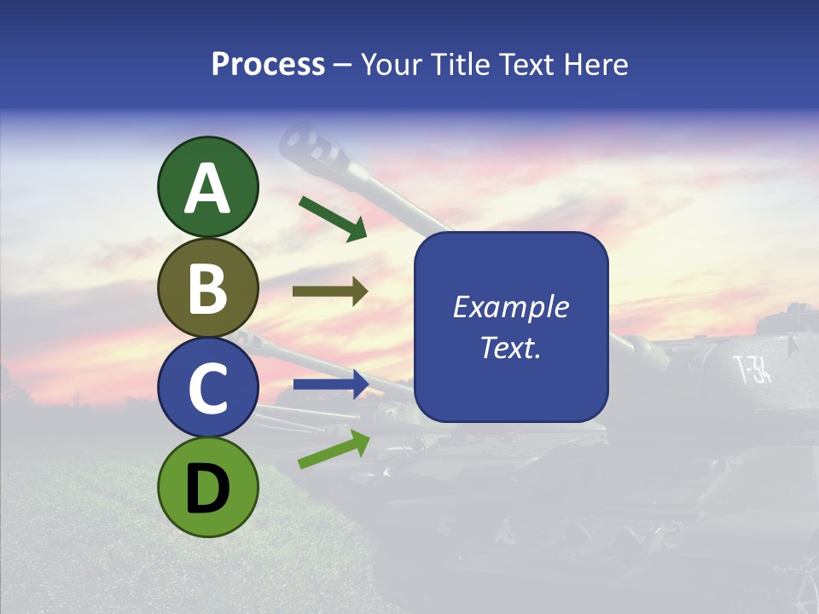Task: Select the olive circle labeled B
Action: pos(208,288)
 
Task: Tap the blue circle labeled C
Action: pos(208,388)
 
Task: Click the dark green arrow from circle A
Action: pos(333,218)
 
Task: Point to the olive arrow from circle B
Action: pos(330,292)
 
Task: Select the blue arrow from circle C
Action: pos(330,384)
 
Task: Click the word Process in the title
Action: pos(268,65)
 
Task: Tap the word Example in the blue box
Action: pos(510,307)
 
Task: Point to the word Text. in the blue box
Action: pos(510,348)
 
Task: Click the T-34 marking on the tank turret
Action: pos(752,370)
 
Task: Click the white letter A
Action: pos(208,188)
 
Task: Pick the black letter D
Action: pos(207,489)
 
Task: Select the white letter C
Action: pos(208,388)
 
